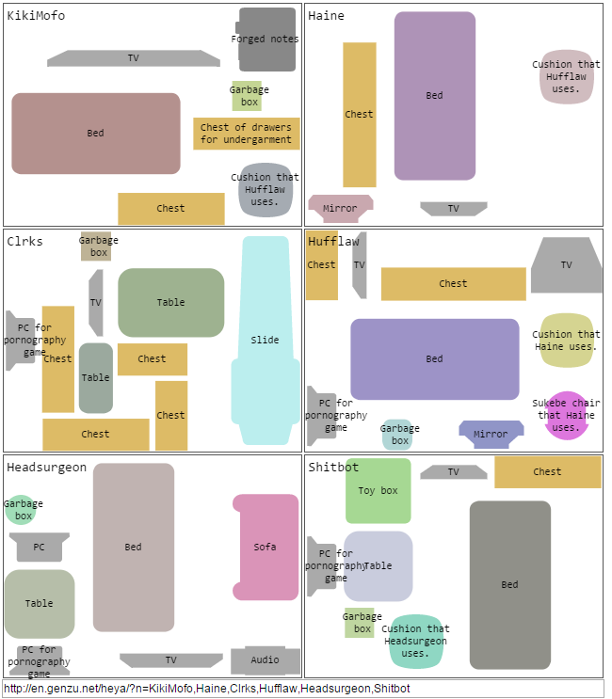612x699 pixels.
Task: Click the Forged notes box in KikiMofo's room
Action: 266,40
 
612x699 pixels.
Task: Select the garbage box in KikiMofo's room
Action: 247,96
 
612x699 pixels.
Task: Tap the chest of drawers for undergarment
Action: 246,134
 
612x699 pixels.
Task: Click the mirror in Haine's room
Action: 340,208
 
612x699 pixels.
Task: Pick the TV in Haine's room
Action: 453,208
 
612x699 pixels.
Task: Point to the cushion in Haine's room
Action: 565,77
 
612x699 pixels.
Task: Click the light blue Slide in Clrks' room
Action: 265,340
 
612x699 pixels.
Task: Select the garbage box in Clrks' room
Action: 98,246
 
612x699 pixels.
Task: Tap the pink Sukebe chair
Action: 567,415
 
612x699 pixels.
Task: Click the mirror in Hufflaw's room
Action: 491,434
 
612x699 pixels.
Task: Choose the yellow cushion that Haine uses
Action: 566,341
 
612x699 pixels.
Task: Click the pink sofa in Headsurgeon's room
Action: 265,547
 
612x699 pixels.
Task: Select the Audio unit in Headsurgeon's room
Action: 265,659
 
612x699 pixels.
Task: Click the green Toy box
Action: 378,490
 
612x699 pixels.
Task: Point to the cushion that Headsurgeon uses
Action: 414,642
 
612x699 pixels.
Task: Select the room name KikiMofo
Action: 36,15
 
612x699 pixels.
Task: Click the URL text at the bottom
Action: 207,689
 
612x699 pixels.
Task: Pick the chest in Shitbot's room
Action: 547,471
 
